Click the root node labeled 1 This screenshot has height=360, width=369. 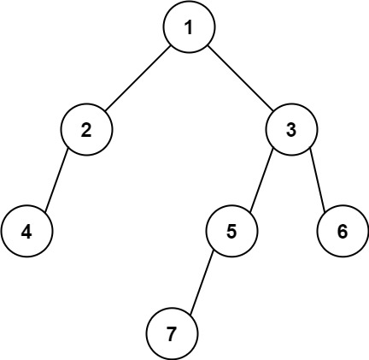188,27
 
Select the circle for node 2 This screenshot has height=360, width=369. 86,130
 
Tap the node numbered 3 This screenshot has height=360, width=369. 291,130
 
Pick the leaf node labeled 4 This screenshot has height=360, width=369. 26,231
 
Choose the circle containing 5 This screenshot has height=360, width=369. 231,231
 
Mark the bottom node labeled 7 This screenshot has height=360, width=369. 172,333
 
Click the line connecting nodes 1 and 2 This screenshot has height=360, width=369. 137,79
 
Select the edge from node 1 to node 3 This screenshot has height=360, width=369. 240,79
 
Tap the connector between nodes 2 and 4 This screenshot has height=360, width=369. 56,180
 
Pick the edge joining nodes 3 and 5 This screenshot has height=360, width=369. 261,180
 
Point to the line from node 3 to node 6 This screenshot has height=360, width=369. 317,180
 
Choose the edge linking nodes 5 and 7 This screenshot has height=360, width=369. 202,282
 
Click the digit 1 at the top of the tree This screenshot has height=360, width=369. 188,27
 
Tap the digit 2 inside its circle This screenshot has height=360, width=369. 86,130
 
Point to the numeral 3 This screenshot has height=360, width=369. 291,130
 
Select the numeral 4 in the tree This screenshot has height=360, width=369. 26,231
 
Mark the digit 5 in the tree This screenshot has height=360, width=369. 231,231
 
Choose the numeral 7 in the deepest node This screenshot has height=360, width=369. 172,333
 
